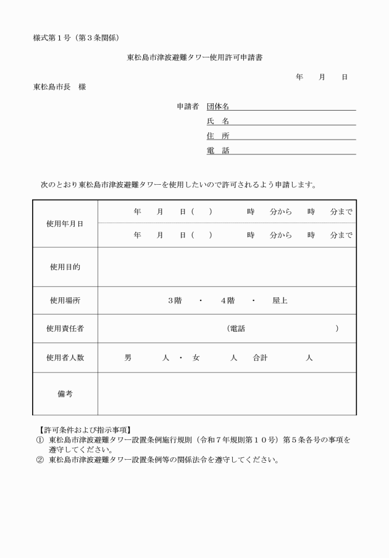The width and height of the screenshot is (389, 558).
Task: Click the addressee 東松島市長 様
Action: click(x=59, y=87)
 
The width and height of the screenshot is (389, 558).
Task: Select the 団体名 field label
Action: click(x=218, y=106)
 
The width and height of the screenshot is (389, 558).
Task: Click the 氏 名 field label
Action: click(x=218, y=121)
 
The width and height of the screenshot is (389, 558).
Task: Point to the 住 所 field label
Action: click(x=218, y=136)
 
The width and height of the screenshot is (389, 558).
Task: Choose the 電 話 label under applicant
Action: click(x=218, y=151)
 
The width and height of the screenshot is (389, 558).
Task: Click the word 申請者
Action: click(x=188, y=106)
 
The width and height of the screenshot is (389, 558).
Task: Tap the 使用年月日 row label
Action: click(x=65, y=224)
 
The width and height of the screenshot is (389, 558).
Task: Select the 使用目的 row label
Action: click(x=65, y=267)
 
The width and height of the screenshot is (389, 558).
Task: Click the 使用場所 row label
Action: click(x=65, y=301)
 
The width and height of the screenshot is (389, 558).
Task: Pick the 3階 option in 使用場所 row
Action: click(x=175, y=301)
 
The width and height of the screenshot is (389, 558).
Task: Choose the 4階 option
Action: click(x=227, y=301)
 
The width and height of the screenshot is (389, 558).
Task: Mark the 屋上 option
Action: click(x=280, y=301)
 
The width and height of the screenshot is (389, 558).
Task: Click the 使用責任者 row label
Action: click(x=65, y=329)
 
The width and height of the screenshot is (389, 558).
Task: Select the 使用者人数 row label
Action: click(x=65, y=358)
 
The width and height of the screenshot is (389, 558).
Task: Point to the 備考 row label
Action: click(x=65, y=394)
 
